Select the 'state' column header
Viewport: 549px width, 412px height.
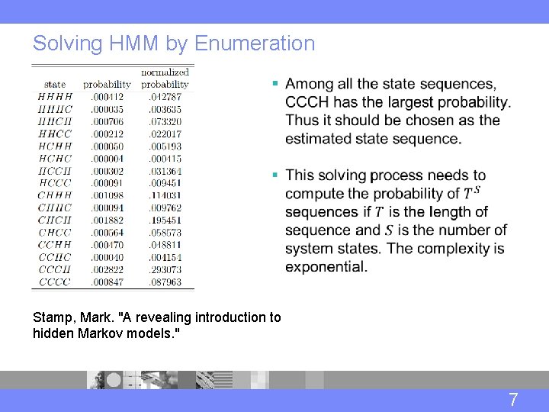coord(55,84)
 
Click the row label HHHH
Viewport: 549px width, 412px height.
coord(55,97)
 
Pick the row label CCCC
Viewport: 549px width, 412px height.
coord(55,282)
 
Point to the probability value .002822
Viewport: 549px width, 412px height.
coord(107,270)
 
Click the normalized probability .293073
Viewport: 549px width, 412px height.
coord(165,270)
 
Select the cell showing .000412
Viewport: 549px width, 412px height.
coord(107,97)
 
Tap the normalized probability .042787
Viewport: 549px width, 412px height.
coord(165,97)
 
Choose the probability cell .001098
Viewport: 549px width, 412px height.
coord(107,195)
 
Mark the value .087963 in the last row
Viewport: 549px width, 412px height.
coord(165,282)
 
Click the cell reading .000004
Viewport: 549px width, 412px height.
coord(107,159)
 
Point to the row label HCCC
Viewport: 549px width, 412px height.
coord(55,183)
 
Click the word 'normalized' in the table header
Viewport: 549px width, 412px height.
coord(165,72)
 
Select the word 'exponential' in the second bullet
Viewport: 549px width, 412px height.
coord(326,267)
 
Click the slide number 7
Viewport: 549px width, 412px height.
coord(513,399)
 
